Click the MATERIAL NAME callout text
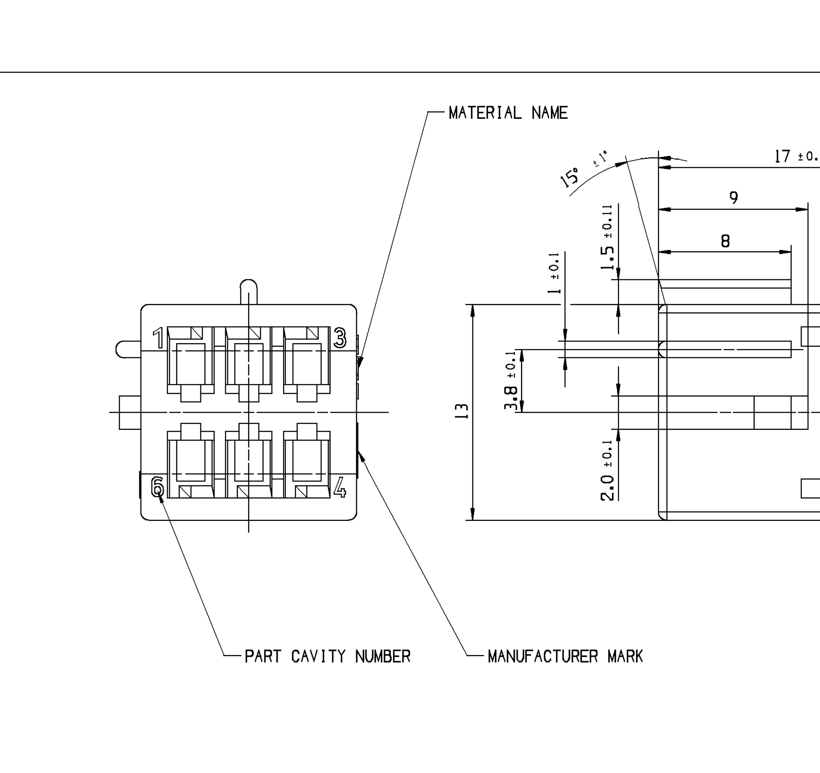click(508, 113)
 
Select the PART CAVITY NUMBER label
click(327, 656)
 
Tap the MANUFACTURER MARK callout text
click(565, 656)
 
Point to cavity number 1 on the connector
click(158, 338)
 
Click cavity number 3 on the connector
click(340, 338)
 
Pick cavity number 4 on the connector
click(340, 488)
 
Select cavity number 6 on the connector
click(158, 487)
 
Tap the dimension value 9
click(733, 197)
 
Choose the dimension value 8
click(725, 241)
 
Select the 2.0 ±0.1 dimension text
click(607, 470)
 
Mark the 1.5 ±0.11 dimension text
click(607, 237)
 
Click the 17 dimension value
click(783, 156)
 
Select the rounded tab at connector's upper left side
click(128, 349)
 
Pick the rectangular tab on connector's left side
click(130, 412)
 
